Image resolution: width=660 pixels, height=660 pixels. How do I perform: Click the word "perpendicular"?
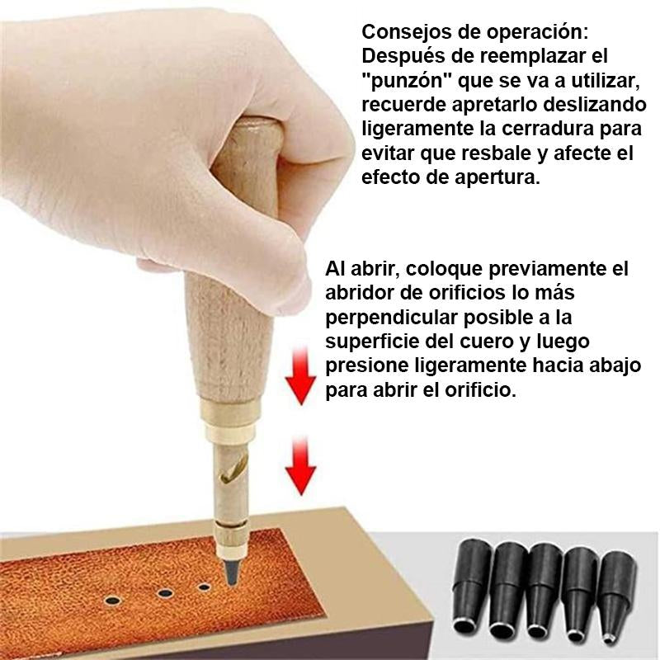391,318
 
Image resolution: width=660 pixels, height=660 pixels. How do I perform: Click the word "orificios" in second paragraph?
467,293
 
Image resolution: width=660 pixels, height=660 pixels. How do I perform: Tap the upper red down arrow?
300,376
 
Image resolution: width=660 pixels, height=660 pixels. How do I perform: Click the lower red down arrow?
300,466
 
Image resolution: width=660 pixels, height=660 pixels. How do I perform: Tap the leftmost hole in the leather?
113,601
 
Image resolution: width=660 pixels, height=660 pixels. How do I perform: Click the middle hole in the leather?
166,593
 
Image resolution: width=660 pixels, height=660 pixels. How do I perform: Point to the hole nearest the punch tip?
205,587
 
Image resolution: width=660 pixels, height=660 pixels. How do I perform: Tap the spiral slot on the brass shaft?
233,469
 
